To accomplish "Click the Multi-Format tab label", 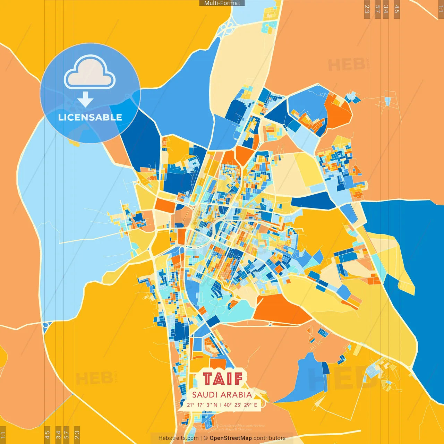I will click(222, 3).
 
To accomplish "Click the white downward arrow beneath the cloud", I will click(85, 99).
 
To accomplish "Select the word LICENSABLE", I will click(90, 117).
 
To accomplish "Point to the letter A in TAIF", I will click(220, 379).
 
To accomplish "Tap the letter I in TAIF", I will click(229, 379).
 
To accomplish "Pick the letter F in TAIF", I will click(238, 379).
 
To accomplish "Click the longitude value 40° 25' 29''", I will click(238, 405).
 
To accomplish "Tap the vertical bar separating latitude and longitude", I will click(221, 405).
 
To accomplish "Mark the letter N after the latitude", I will click(215, 405).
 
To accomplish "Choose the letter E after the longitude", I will click(256, 405).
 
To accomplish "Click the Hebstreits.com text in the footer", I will click(178, 438).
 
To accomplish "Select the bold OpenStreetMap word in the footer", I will click(231, 438).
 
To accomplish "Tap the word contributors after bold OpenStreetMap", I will click(270, 438).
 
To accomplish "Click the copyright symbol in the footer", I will click(206, 438).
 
